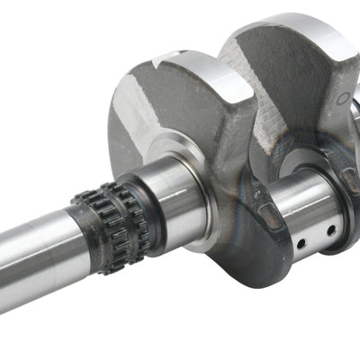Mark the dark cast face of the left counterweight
(153, 108)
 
